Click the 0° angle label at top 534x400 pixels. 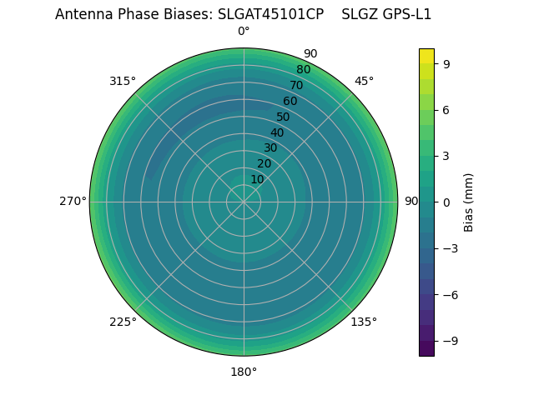[244, 32]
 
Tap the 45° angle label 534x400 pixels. [364, 82]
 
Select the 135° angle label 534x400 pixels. [364, 322]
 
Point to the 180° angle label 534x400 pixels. [244, 372]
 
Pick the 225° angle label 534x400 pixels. [123, 322]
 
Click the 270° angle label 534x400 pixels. [73, 202]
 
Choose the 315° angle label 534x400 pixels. [123, 82]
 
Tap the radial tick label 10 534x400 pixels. [258, 179]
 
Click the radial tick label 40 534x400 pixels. [277, 132]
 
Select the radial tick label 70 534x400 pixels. [297, 85]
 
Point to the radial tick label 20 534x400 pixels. [264, 163]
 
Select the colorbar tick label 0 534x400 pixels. [447, 202]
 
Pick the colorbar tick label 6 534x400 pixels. [447, 109]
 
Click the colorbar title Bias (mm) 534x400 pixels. [469, 202]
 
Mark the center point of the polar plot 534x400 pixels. [244, 202]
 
